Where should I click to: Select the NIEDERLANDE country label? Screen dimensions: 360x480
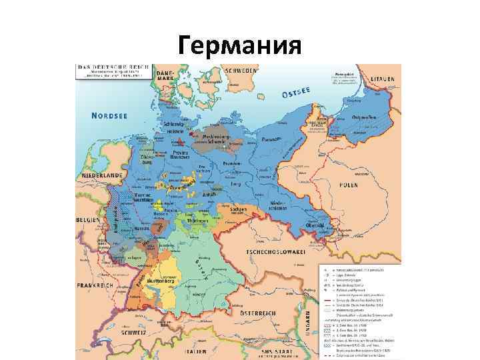pos(101,175)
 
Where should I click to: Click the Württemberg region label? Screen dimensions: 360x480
pos(161,281)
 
